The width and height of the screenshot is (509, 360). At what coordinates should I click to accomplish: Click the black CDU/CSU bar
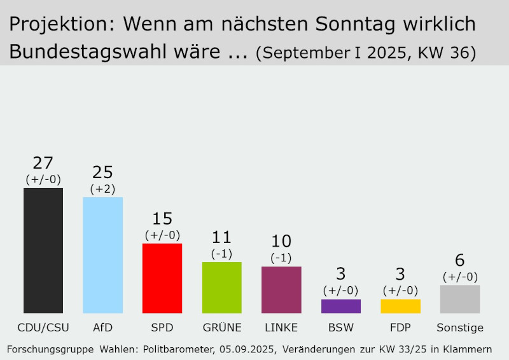[43, 251]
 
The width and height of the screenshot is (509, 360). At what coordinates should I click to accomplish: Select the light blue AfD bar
[102, 255]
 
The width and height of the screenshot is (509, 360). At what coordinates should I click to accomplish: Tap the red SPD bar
[162, 278]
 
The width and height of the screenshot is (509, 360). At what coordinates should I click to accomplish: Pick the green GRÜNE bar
[221, 287]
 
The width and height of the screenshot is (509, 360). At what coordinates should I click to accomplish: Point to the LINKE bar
[281, 289]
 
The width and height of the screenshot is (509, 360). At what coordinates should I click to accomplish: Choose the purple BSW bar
[341, 306]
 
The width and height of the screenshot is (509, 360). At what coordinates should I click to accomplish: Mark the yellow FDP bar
[400, 306]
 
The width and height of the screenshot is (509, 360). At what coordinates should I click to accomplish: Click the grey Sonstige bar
[460, 299]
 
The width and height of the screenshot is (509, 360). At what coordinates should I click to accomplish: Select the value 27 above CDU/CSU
[43, 163]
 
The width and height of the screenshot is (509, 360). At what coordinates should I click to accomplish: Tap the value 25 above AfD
[102, 172]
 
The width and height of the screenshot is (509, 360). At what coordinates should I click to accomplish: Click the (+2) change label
[102, 188]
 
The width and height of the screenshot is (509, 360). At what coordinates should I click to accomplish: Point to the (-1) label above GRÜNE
[221, 253]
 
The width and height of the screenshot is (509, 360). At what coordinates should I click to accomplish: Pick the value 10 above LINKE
[281, 242]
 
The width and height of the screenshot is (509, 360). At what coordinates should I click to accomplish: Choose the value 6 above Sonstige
[460, 261]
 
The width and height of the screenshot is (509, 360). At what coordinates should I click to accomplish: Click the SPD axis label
[162, 328]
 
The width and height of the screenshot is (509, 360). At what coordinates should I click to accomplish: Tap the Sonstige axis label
[460, 328]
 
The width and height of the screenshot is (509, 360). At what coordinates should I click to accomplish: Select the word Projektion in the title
[62, 25]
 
